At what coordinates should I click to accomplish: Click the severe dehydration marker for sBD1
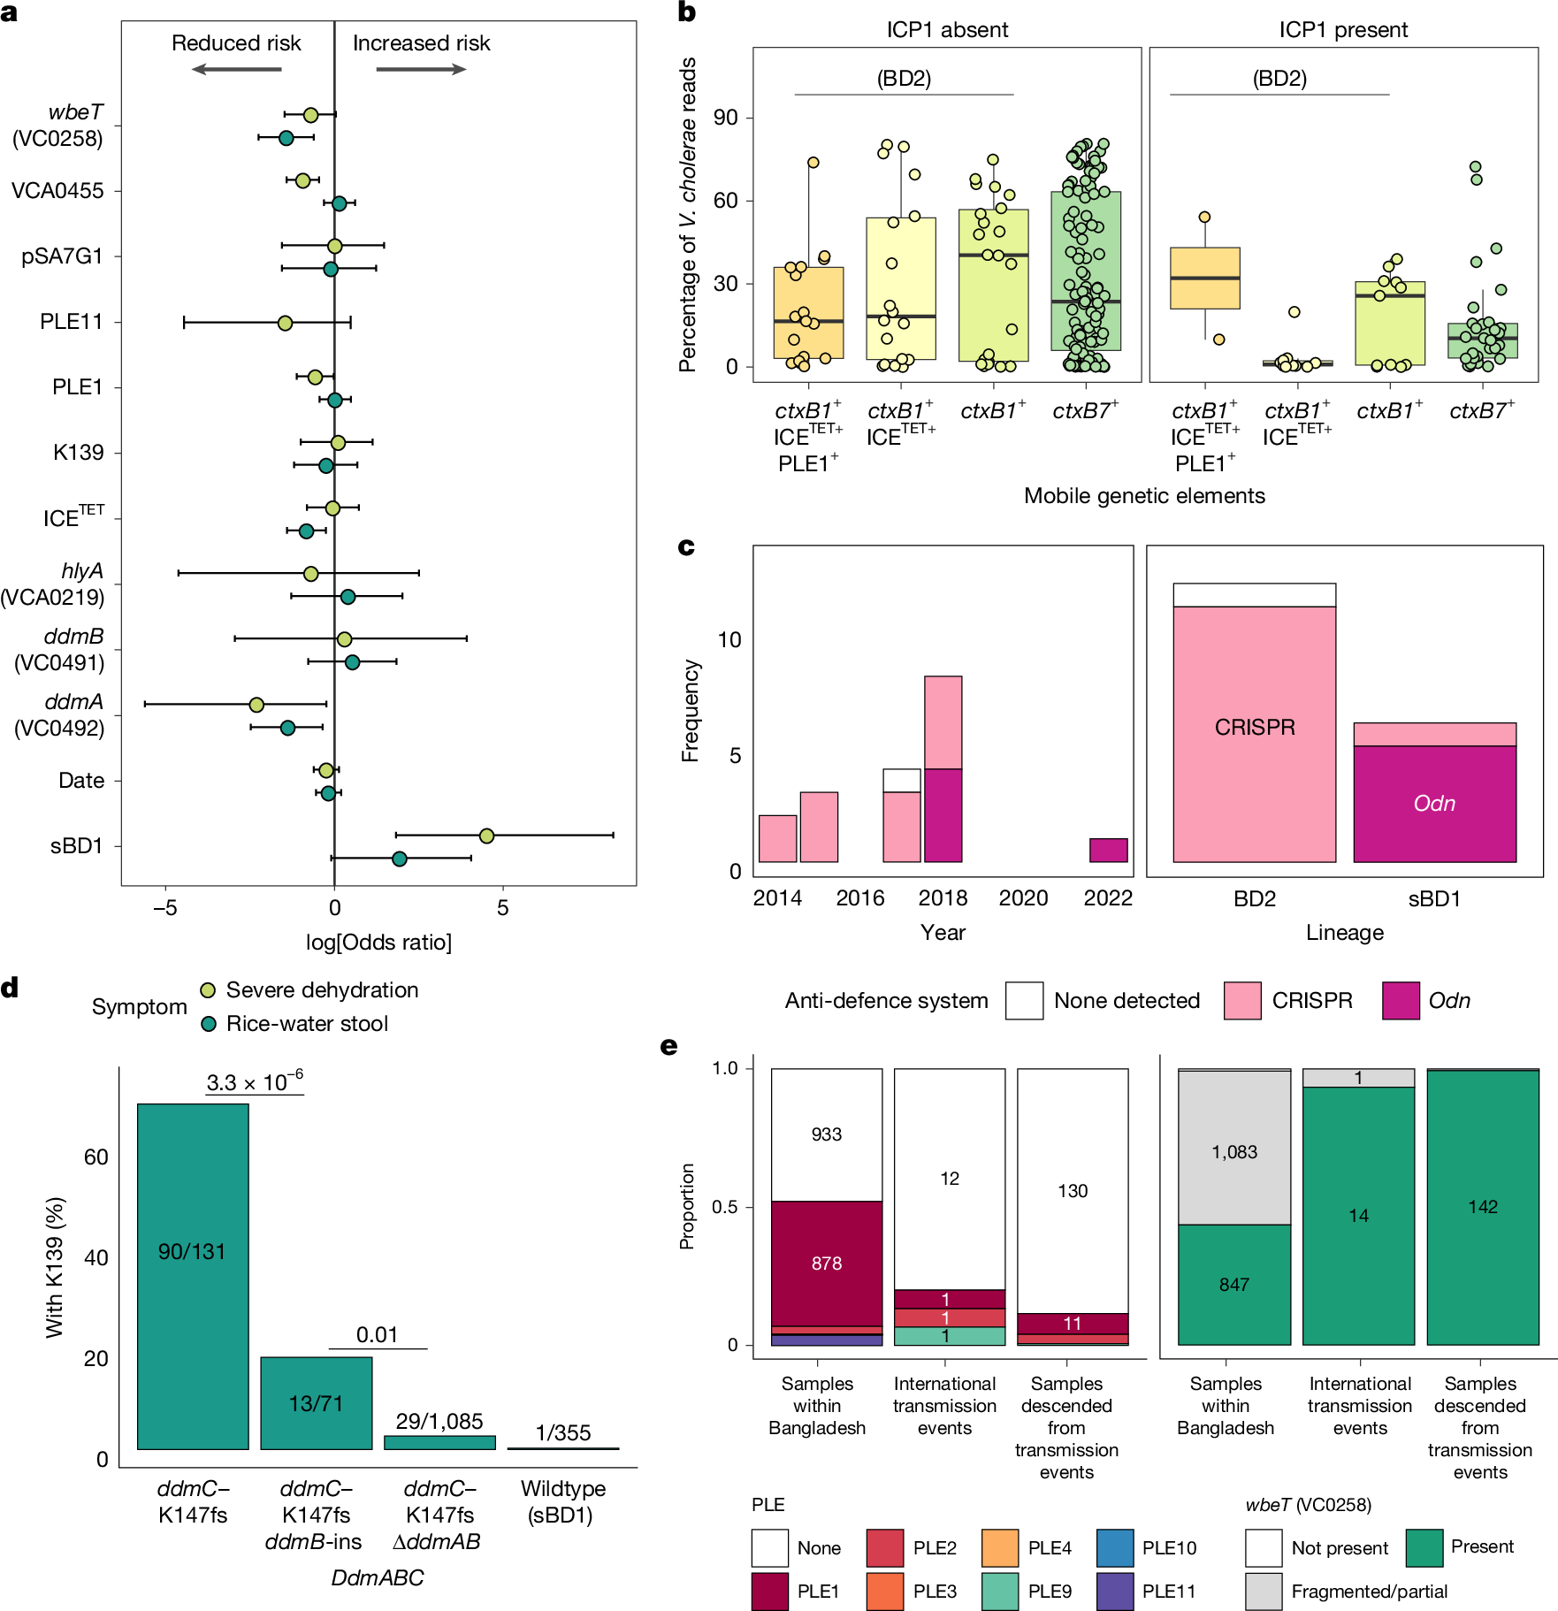point(486,836)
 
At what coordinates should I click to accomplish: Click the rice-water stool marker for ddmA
point(287,728)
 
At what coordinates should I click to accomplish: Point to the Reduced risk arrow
point(236,69)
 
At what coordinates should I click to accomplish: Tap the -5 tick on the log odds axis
point(165,908)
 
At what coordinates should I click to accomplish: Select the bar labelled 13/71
point(316,1402)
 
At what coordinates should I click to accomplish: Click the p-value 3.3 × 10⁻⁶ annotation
point(255,1082)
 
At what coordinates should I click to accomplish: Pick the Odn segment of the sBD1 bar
point(1434,803)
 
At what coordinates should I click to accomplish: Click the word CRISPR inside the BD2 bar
point(1254,727)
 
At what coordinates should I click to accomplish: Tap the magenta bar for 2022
point(1108,850)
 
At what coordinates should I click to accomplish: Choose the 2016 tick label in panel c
point(859,898)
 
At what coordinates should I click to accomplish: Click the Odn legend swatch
point(1401,1001)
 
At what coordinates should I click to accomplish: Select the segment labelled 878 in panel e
point(826,1263)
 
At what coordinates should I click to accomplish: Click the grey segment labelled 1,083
point(1233,1151)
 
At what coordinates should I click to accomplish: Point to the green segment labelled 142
point(1482,1207)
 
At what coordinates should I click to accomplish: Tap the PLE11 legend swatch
point(1114,1591)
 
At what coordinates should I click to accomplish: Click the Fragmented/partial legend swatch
point(1264,1591)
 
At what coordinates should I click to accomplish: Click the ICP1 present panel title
point(1342,30)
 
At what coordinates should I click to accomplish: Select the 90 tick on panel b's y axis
point(725,118)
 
